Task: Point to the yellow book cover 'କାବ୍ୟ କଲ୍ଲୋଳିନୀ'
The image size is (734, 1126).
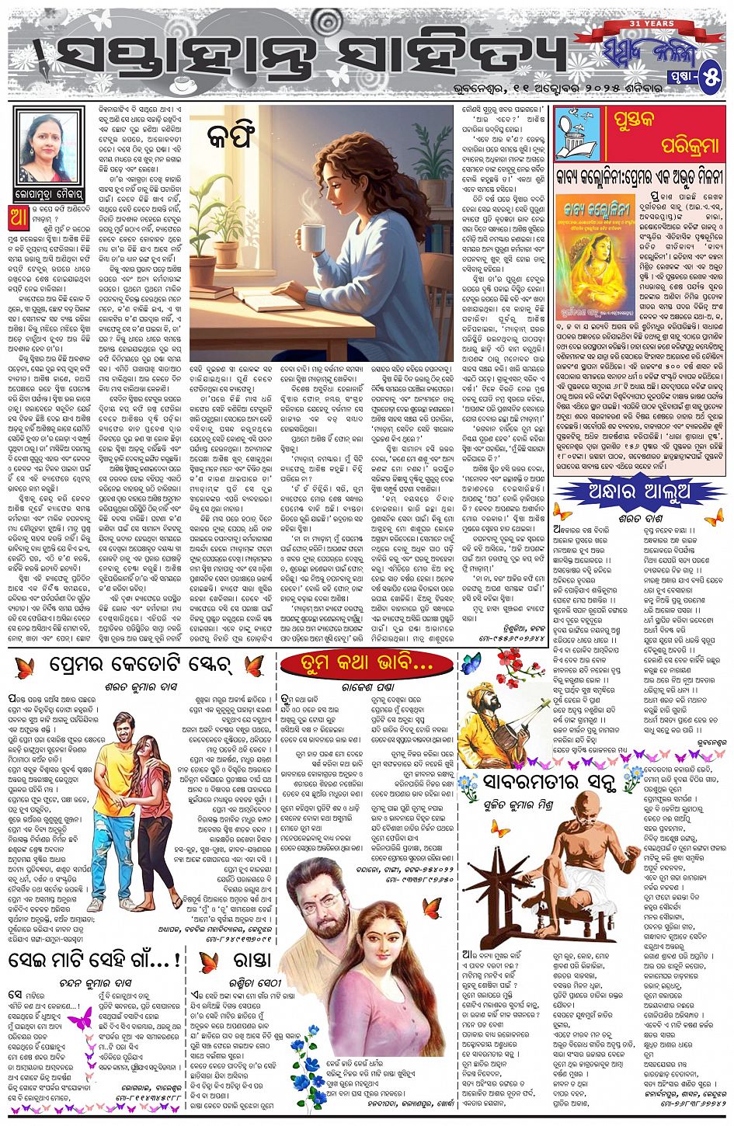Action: coord(595,246)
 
